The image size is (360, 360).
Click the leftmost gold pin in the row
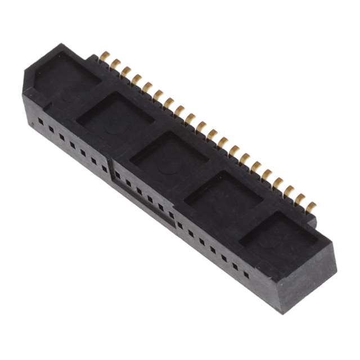pos(105,57)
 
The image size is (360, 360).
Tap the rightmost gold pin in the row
pos(311,206)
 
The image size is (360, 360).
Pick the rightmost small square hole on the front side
pos(246,274)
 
